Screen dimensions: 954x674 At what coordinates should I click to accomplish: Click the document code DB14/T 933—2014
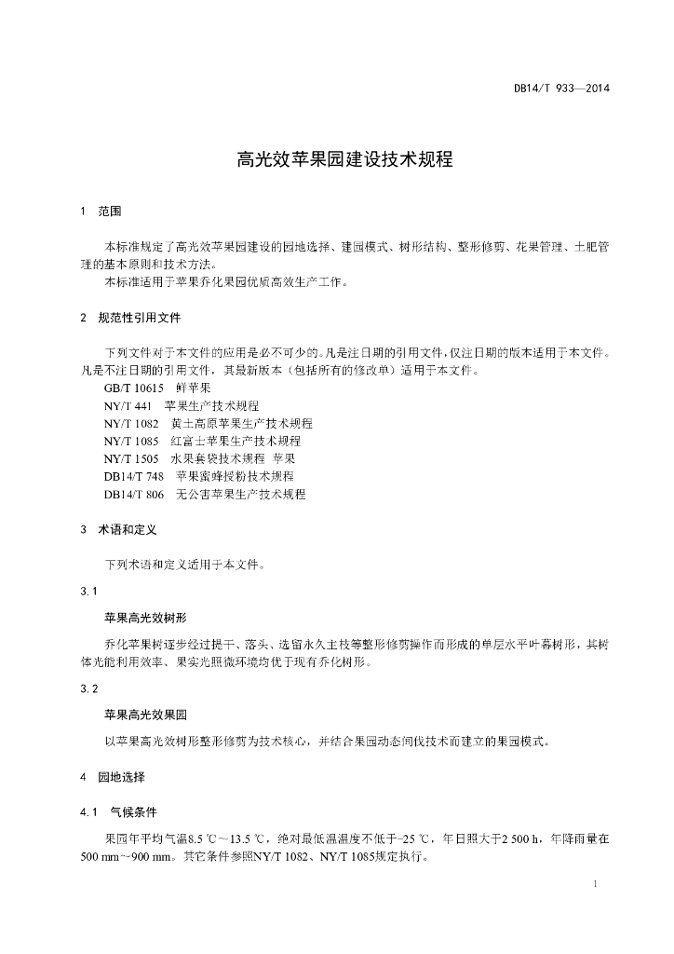tap(561, 89)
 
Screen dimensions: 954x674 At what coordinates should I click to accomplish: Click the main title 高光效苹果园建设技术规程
tap(344, 159)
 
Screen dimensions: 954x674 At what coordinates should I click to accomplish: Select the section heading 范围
tap(110, 211)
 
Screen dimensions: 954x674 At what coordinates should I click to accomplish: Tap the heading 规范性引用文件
tap(140, 318)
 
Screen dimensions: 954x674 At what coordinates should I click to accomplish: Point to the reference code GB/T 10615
tap(134, 388)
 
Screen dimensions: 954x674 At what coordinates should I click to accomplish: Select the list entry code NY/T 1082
tap(131, 424)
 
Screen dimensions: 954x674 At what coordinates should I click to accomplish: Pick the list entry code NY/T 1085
tap(131, 442)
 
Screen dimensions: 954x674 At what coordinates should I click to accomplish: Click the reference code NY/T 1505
tap(131, 459)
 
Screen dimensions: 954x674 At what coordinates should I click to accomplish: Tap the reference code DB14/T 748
tap(134, 477)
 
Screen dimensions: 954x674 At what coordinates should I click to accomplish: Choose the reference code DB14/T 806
tap(134, 495)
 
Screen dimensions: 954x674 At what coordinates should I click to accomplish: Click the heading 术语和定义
tap(128, 529)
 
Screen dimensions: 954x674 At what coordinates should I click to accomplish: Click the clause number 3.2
tap(88, 688)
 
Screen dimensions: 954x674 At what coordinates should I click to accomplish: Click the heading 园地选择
tap(122, 776)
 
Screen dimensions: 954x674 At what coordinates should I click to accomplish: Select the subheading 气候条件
tap(134, 811)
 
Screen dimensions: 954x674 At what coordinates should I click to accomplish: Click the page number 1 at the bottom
tap(594, 882)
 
